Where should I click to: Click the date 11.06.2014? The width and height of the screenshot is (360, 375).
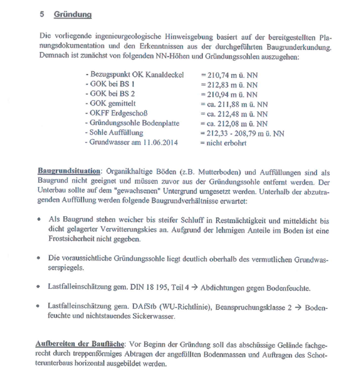164,141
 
